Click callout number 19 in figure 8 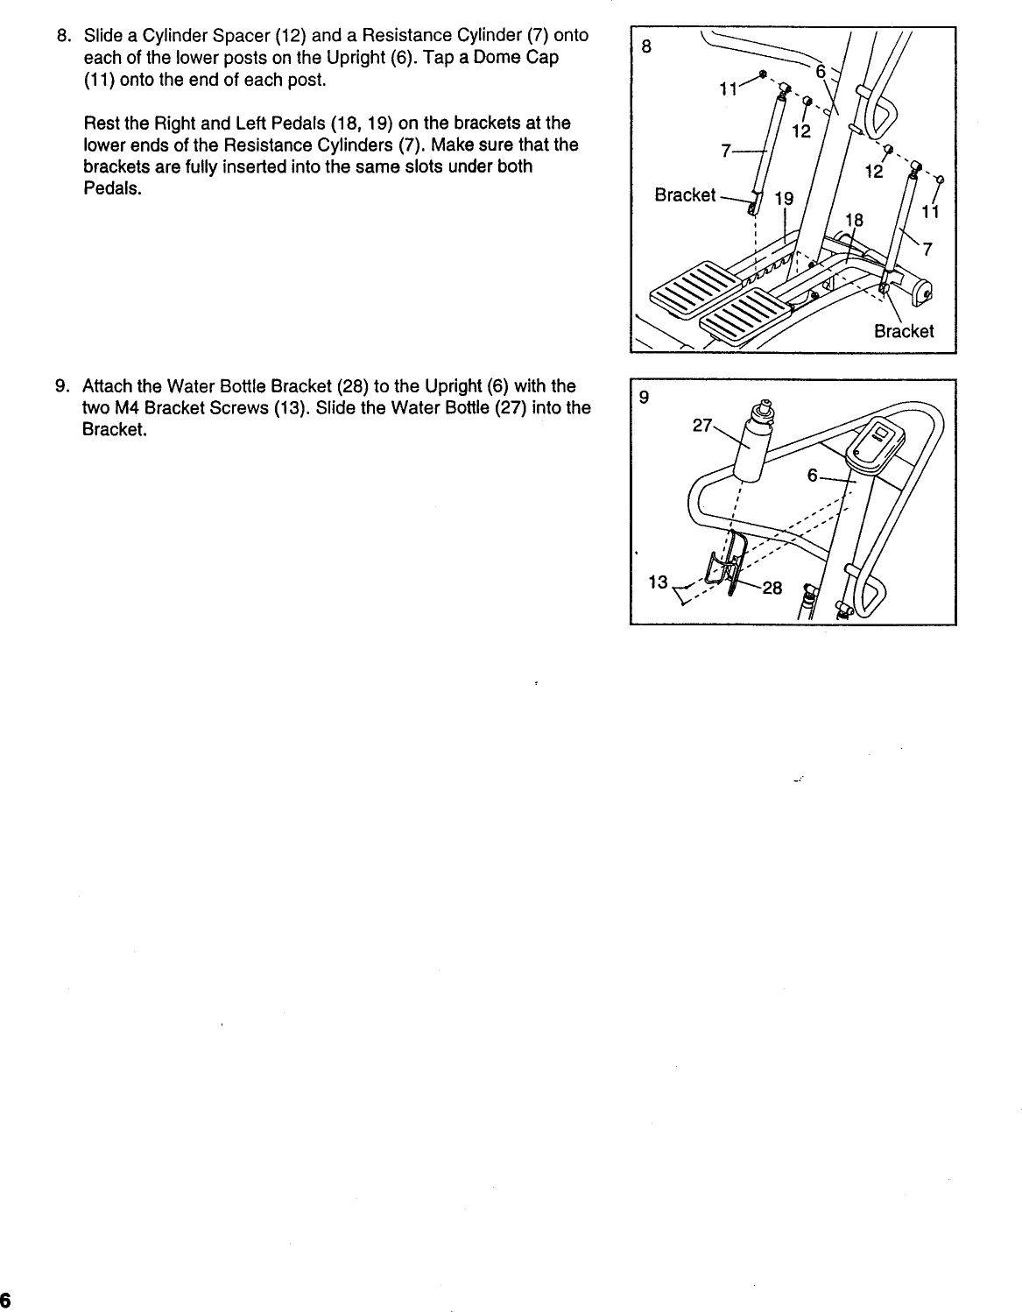pyautogui.click(x=784, y=200)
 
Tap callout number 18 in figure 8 pyautogui.click(x=854, y=220)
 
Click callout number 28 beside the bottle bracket pyautogui.click(x=772, y=589)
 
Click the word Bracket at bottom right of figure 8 pyautogui.click(x=904, y=331)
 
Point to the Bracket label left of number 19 pyautogui.click(x=685, y=195)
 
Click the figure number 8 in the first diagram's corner pyautogui.click(x=645, y=47)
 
